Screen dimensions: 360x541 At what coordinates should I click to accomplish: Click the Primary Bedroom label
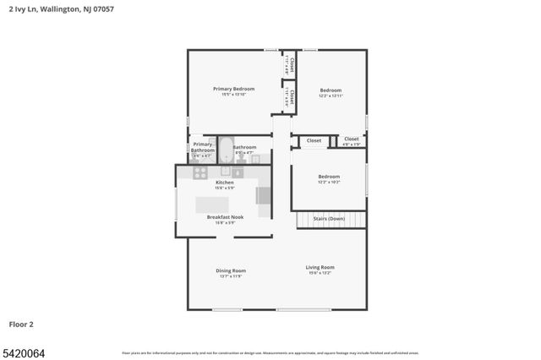tap(233, 89)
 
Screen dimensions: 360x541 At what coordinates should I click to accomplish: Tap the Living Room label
tap(320, 267)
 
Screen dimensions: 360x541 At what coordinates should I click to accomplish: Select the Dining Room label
tap(231, 270)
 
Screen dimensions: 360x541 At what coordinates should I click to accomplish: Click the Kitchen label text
tap(224, 183)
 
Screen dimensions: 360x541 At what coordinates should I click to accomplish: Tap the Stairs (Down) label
tap(329, 219)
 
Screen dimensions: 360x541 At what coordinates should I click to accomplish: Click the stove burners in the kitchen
tap(200, 172)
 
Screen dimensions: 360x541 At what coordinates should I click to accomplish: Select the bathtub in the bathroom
tap(226, 150)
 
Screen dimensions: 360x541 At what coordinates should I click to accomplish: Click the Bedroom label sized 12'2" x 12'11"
tap(331, 90)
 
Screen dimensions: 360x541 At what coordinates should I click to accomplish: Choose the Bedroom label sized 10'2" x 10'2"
tap(329, 177)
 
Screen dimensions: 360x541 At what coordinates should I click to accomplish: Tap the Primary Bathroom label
tap(202, 147)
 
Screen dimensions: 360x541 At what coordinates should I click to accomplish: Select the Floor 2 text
tap(21, 324)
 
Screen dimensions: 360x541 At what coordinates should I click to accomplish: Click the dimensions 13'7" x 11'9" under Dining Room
tap(231, 276)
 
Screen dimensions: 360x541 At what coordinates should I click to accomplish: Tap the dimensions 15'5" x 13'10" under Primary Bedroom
tap(233, 95)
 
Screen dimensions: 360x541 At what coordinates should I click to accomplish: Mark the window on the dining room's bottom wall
tap(227, 309)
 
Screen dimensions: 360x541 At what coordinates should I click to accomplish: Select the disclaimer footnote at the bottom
tap(270, 352)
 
